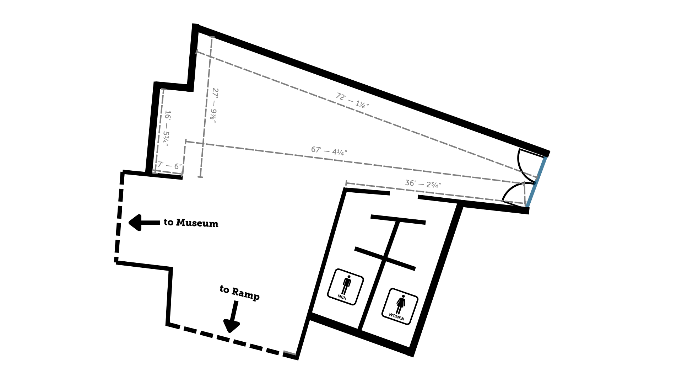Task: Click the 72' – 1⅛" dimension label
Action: click(x=352, y=100)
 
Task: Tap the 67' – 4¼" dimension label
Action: click(x=329, y=151)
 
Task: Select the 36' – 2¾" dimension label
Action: click(x=423, y=184)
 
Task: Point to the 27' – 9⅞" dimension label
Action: click(x=214, y=106)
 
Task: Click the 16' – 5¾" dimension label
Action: click(x=167, y=128)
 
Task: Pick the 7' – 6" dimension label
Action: click(x=170, y=165)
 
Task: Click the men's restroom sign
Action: click(x=345, y=287)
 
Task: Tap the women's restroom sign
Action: click(x=400, y=306)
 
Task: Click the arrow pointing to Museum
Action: click(x=144, y=223)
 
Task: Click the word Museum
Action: click(x=197, y=223)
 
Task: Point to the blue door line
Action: click(x=536, y=182)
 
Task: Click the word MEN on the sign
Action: click(x=342, y=297)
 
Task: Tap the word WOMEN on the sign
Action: click(x=396, y=316)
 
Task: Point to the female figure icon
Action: click(x=401, y=304)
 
